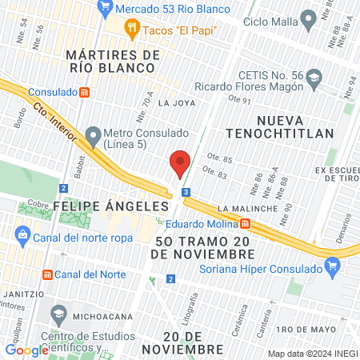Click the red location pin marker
[180, 163]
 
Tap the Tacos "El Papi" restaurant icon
[133, 30]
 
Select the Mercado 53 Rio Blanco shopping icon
[106, 9]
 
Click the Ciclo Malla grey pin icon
[308, 20]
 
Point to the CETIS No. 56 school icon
[314, 78]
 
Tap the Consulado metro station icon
[84, 92]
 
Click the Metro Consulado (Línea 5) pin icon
[94, 134]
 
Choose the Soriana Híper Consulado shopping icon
[330, 269]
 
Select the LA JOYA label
[176, 103]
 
